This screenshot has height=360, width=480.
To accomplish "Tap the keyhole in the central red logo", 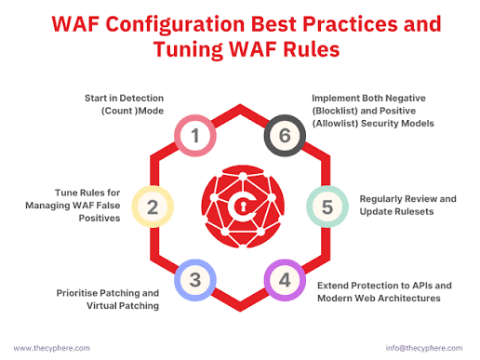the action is [x=243, y=207].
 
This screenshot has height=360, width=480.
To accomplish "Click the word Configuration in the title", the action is [x=175, y=24].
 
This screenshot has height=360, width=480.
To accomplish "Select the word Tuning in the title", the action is [x=188, y=49].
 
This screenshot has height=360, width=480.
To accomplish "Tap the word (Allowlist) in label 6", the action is [x=335, y=124].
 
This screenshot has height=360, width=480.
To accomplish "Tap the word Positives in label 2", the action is [x=100, y=218].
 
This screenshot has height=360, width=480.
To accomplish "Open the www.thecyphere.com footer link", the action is [x=51, y=348].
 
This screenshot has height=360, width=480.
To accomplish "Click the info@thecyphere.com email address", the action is [x=424, y=348].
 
